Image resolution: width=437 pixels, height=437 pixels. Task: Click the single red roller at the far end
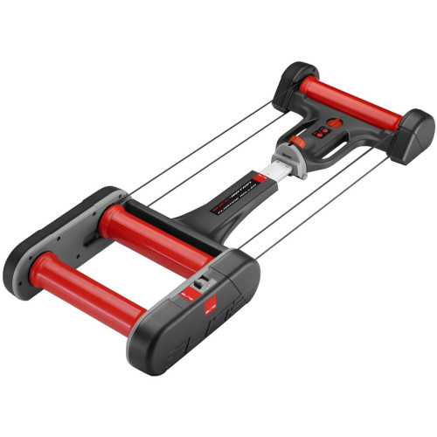350,103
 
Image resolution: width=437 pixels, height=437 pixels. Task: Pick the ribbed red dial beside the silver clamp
297,142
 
